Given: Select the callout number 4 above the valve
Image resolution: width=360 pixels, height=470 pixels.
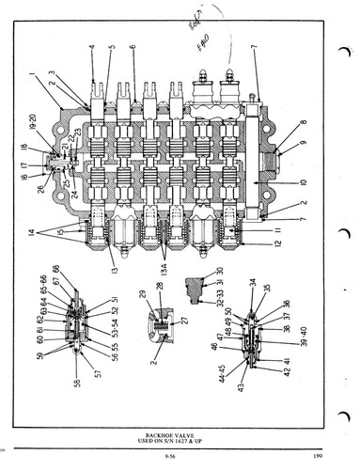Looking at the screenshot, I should click(92, 46).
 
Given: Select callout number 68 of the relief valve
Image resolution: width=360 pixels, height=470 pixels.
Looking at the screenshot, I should click(82, 278).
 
